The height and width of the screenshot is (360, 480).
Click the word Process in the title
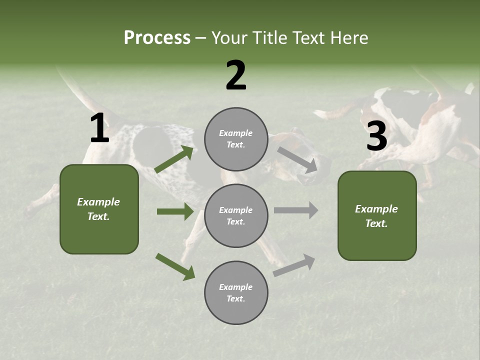pyautogui.click(x=157, y=38)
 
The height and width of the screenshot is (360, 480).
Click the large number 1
pyautogui.click(x=99, y=128)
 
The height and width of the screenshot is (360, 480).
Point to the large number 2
pyautogui.click(x=236, y=75)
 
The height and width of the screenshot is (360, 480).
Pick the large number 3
pyautogui.click(x=376, y=136)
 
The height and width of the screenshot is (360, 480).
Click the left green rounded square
pyautogui.click(x=99, y=209)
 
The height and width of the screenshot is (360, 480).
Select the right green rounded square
pyautogui.click(x=377, y=216)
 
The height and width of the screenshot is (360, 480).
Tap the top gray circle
pyautogui.click(x=236, y=139)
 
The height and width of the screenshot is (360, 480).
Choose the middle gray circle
pyautogui.click(x=236, y=216)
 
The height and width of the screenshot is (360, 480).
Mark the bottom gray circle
pyautogui.click(x=236, y=293)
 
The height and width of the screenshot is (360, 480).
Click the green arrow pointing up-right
pyautogui.click(x=174, y=159)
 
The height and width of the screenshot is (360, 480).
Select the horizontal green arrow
pyautogui.click(x=175, y=211)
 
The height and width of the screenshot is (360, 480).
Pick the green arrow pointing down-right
pyautogui.click(x=175, y=266)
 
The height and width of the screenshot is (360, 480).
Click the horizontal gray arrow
pyautogui.click(x=296, y=210)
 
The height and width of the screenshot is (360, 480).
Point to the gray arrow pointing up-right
pyautogui.click(x=294, y=265)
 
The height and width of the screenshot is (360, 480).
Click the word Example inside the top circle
pyautogui.click(x=236, y=133)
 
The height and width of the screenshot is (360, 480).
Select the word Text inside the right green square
pyautogui.click(x=376, y=223)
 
